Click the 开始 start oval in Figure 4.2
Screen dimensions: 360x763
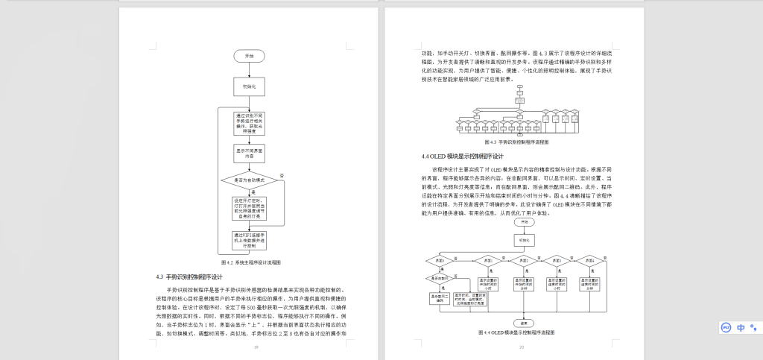[x=250, y=56]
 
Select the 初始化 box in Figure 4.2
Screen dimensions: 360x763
[x=250, y=86]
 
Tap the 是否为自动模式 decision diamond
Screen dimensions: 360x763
[x=250, y=180]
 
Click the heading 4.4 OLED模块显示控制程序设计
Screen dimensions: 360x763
[x=462, y=157]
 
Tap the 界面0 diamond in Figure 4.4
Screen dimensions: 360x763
[x=437, y=260]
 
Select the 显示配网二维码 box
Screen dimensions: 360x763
[x=437, y=296]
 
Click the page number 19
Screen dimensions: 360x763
[x=256, y=347]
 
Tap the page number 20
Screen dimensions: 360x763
[x=522, y=347]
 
